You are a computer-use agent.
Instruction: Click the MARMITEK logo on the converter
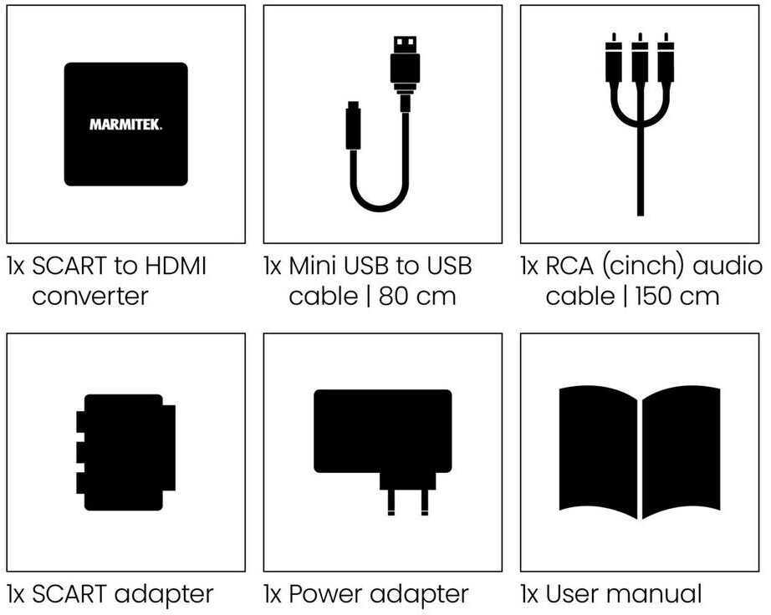coord(125,125)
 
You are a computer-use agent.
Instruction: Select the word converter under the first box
coord(90,296)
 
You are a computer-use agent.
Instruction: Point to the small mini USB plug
coord(352,125)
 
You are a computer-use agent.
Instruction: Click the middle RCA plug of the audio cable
coord(640,63)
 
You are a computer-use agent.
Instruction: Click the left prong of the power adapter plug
coord(391,501)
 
